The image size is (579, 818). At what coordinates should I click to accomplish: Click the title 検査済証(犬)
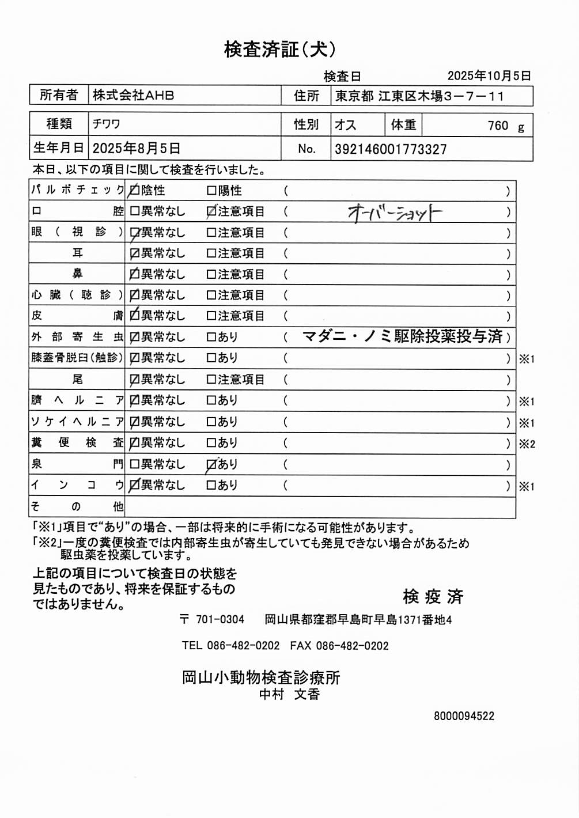click(x=280, y=50)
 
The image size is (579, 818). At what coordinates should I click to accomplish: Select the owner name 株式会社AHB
click(x=133, y=96)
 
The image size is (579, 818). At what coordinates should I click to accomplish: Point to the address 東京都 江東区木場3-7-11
click(x=419, y=96)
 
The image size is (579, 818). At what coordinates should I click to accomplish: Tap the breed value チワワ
click(x=106, y=124)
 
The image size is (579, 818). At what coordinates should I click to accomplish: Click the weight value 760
click(x=498, y=126)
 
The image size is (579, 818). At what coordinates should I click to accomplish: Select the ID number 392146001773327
click(x=391, y=150)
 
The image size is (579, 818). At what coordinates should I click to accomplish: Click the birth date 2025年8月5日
click(x=137, y=149)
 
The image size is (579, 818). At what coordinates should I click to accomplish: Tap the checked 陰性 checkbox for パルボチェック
click(x=134, y=191)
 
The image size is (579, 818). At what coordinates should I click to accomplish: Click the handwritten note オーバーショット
click(x=395, y=213)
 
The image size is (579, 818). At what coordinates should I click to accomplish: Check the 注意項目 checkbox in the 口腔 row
click(x=211, y=212)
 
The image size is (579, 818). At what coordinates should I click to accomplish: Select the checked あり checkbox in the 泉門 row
click(x=211, y=465)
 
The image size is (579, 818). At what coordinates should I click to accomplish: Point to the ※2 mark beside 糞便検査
click(x=527, y=444)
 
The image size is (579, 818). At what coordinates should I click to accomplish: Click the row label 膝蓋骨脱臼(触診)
click(x=77, y=358)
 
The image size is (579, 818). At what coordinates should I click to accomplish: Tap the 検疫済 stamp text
click(x=433, y=597)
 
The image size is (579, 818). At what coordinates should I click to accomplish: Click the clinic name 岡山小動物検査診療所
click(x=261, y=677)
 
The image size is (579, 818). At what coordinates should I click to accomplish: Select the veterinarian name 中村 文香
click(x=289, y=695)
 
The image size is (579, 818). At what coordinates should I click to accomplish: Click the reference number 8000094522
click(x=464, y=716)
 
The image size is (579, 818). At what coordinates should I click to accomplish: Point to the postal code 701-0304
click(x=220, y=620)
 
